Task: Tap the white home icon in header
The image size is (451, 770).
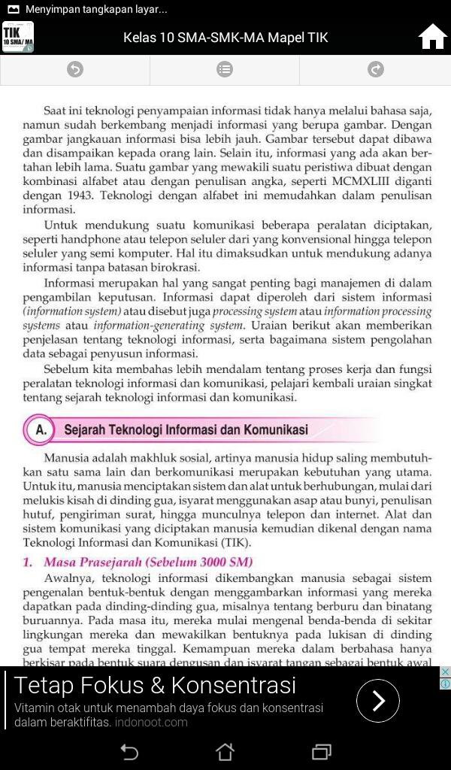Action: [x=432, y=36]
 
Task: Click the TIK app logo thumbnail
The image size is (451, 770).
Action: [x=18, y=37]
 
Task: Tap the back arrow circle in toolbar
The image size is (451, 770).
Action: [x=75, y=70]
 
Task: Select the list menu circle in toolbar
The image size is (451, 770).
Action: [x=225, y=70]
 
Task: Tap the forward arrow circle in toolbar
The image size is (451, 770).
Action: [x=375, y=70]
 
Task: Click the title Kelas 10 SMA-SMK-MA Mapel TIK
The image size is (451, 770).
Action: [x=225, y=38]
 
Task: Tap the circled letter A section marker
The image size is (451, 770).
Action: [x=41, y=430]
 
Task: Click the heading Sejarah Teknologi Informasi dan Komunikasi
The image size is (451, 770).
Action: [x=186, y=430]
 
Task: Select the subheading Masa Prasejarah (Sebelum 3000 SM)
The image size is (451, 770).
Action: [x=148, y=562]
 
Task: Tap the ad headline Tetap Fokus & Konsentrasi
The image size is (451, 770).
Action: [x=155, y=685]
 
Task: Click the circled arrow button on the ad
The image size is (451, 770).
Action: [x=377, y=701]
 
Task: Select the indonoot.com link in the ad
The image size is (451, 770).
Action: [x=151, y=722]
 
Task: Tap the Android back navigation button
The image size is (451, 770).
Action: [x=129, y=752]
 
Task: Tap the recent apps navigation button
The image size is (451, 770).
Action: [x=322, y=752]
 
